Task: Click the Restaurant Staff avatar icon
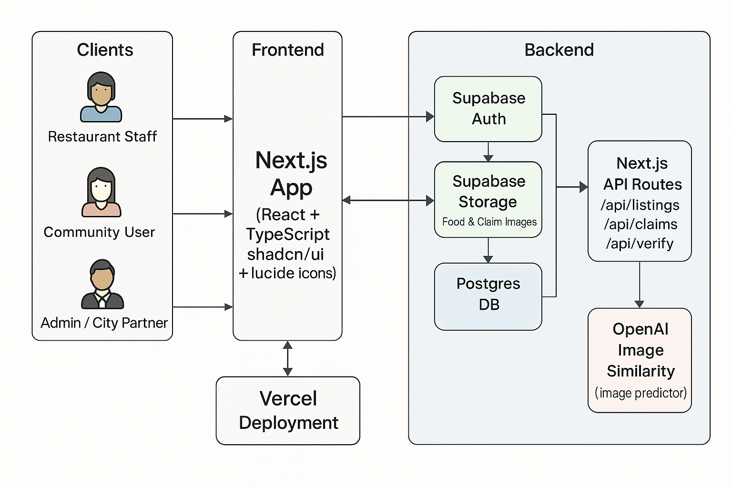tap(101, 97)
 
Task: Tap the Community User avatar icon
tap(101, 192)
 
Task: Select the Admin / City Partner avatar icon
tap(102, 285)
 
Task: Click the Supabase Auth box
tap(488, 109)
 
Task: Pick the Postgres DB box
tap(488, 296)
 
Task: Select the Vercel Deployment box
tap(288, 410)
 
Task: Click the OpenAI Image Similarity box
tap(640, 360)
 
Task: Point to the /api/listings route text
tap(640, 205)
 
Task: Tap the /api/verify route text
tap(640, 244)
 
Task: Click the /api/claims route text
tap(640, 224)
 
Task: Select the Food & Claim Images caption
tap(489, 222)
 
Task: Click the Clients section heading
tap(105, 50)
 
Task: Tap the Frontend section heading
tap(288, 50)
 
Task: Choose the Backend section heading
tap(559, 50)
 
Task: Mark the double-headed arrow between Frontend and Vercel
tap(287, 358)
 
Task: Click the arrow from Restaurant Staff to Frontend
tap(203, 119)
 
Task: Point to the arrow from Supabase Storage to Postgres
tap(488, 250)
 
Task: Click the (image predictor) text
tap(640, 393)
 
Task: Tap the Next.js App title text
tap(291, 174)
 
